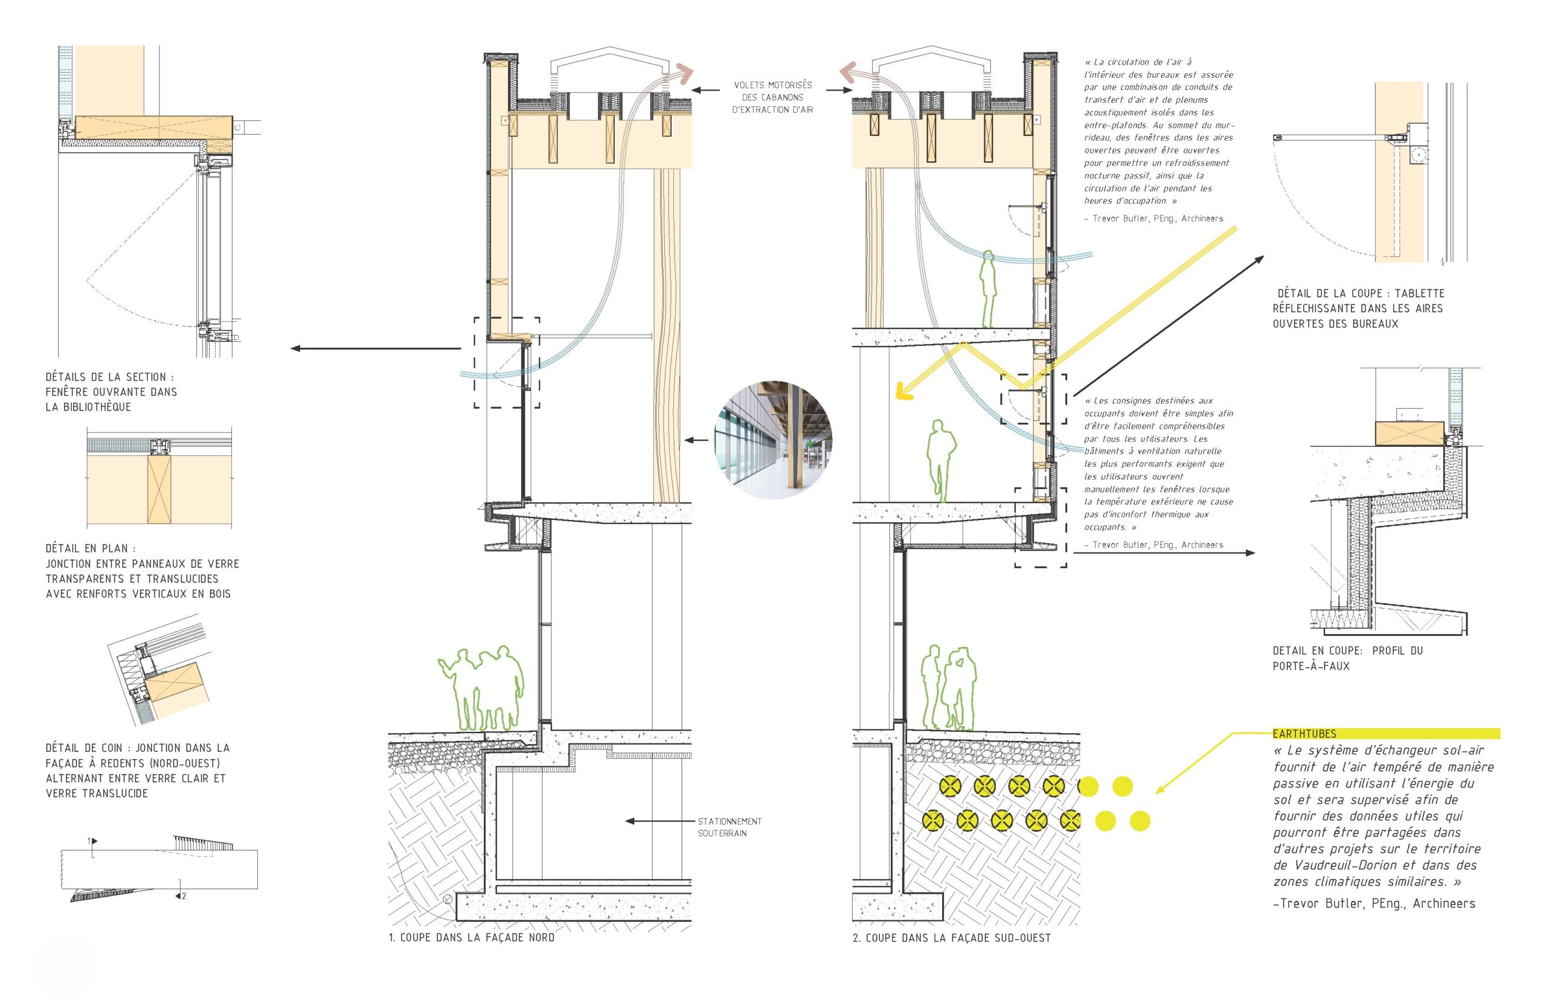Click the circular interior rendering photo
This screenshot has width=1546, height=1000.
point(772,440)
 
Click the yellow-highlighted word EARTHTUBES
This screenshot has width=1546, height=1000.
point(1304,734)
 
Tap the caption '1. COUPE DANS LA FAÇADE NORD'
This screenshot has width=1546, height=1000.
point(472,938)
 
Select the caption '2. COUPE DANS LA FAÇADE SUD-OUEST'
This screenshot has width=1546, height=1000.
point(951,938)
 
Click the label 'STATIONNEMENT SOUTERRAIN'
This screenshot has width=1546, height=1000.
point(729,827)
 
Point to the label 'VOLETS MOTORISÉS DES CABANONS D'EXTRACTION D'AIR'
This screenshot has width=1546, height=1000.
point(772,97)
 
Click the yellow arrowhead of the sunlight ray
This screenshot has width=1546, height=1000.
point(902,391)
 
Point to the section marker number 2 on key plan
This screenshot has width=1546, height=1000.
point(184,896)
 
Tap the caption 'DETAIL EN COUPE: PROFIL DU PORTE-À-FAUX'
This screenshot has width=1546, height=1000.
point(1347,658)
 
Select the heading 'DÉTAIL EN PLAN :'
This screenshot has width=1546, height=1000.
point(91,549)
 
